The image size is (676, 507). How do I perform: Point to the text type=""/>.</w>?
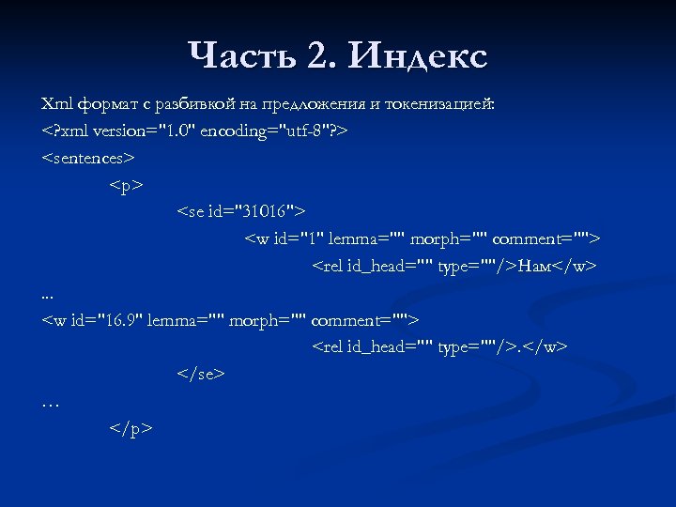(503, 346)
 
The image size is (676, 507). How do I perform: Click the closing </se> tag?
(201, 374)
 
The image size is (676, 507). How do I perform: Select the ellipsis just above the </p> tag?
(51, 403)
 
